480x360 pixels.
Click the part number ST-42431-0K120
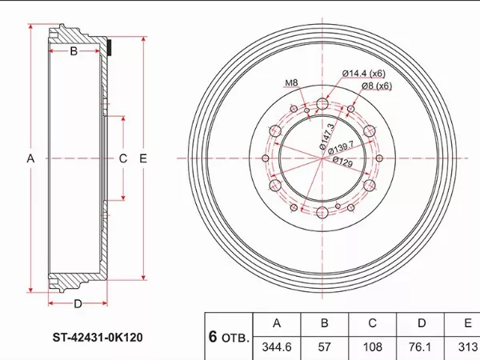pos(98,338)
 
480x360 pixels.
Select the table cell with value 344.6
pos(277,347)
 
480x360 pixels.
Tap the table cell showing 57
pos(325,347)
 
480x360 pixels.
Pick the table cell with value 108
pos(372,347)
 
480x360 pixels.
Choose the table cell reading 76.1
pos(420,347)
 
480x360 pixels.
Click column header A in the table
pos(277,324)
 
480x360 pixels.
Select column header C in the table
pos(372,324)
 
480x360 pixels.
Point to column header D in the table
pos(420,324)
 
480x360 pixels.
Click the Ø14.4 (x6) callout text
pos(364,74)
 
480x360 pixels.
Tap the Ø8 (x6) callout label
pos(377,86)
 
